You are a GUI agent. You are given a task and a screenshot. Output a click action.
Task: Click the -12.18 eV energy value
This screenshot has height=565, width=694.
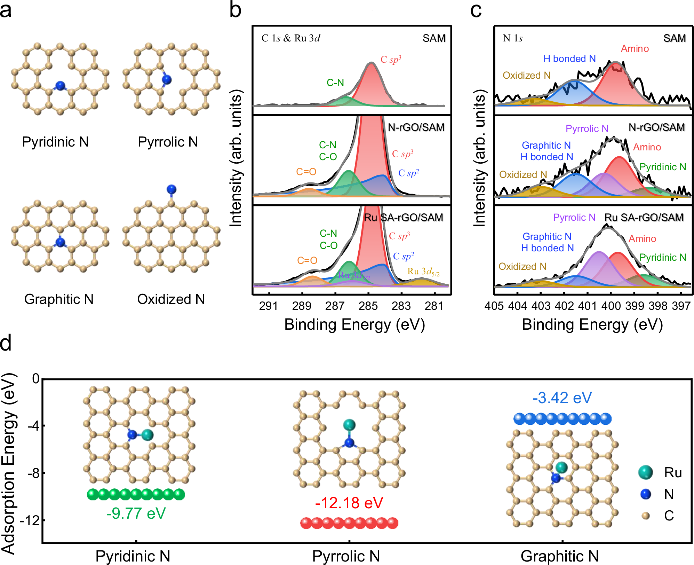click(349, 503)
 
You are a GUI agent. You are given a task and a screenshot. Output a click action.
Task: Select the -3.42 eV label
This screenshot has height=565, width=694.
click(562, 398)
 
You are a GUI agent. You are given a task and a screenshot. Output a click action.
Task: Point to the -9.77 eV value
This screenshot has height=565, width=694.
click(136, 513)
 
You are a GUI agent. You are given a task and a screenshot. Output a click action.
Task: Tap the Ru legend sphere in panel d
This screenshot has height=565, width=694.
click(646, 472)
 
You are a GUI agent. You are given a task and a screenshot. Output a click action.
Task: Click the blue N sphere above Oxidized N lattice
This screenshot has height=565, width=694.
click(171, 189)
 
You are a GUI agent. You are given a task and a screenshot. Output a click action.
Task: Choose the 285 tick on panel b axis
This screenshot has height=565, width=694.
click(368, 306)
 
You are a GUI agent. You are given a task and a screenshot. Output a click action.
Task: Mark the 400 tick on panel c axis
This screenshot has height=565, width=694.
click(611, 306)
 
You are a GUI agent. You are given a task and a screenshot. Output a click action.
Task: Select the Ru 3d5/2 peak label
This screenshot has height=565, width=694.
click(423, 272)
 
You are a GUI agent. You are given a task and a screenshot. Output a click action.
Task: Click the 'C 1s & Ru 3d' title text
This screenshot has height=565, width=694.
click(291, 38)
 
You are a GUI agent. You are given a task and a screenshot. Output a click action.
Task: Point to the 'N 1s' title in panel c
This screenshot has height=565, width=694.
click(513, 38)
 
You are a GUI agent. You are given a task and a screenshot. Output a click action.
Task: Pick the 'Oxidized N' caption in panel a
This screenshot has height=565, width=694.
click(171, 299)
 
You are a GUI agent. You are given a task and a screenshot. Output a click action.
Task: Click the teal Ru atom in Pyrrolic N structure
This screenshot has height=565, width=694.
click(349, 425)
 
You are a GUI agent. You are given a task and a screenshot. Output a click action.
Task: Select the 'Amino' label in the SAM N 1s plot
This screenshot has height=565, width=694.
click(635, 49)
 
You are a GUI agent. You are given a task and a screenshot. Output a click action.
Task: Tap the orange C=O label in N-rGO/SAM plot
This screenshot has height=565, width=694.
click(306, 172)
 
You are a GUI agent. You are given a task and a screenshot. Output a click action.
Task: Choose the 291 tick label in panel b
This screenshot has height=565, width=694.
click(268, 306)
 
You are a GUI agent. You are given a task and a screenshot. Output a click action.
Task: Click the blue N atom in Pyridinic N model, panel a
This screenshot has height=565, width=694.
click(61, 86)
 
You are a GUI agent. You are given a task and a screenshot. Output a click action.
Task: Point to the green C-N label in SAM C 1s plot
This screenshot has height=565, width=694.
click(335, 83)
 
